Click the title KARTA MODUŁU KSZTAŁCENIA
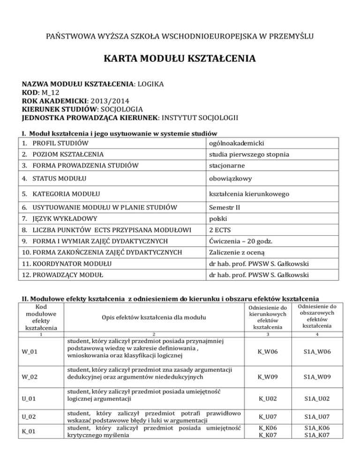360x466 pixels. pos(180,59)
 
